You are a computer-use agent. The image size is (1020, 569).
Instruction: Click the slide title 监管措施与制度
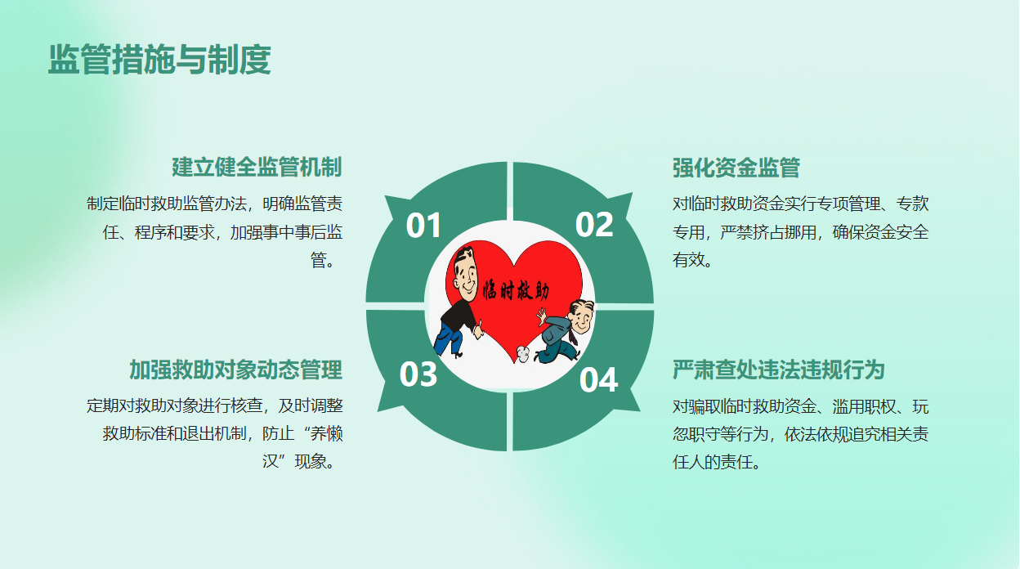coord(159,59)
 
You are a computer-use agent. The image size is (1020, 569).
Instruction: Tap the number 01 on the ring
coord(423,225)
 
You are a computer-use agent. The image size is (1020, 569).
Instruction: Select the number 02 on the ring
coord(594,224)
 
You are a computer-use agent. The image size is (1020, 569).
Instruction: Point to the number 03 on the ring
coord(418,374)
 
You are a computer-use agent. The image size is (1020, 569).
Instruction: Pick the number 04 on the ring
coord(598,379)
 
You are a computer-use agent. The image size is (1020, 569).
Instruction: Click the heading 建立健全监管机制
coord(257,167)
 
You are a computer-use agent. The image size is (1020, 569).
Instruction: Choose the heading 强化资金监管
coord(736,168)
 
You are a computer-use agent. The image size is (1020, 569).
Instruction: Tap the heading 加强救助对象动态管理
coord(235,370)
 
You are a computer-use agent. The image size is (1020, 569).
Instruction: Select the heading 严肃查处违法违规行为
coord(779,370)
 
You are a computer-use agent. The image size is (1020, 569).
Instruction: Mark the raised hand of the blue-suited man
coord(541,316)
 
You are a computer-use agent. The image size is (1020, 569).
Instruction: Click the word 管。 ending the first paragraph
coord(323,261)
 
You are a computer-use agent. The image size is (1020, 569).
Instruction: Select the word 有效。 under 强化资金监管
coord(692,260)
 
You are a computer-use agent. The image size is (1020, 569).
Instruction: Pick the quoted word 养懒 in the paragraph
coord(326,433)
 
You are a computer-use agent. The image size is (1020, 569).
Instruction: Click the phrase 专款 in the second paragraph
coord(913,204)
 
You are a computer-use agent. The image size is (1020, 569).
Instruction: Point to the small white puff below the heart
coord(523,353)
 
